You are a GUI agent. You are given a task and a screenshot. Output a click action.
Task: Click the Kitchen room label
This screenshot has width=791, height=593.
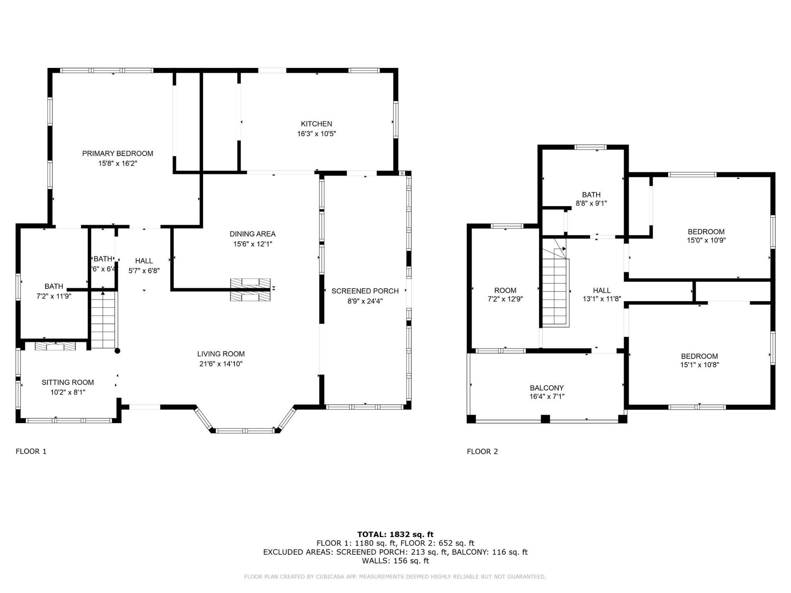316,124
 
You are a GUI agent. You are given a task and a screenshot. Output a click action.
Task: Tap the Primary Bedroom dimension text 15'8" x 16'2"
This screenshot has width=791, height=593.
117,163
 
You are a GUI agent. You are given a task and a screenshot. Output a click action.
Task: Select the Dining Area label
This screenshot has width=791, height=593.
253,234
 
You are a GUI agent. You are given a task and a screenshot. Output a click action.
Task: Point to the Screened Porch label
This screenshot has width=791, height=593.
365,291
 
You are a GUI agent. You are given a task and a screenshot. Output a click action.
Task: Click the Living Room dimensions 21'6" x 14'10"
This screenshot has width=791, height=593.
221,364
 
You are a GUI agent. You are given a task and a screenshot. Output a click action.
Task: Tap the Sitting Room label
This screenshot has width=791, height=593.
68,382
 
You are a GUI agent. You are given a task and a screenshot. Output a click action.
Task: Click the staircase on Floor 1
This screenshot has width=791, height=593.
103,320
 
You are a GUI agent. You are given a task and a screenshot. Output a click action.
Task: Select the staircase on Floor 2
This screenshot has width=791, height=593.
555,288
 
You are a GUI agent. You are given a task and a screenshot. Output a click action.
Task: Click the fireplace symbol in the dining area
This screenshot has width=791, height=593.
250,290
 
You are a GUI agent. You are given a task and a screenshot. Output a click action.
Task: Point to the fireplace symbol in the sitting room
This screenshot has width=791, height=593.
55,346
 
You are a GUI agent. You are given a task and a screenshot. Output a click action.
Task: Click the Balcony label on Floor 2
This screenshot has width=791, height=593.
547,388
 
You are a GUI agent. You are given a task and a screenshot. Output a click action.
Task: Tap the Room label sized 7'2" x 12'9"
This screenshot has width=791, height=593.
505,291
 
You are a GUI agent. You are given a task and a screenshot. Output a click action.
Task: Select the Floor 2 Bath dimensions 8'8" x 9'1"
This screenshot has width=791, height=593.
591,203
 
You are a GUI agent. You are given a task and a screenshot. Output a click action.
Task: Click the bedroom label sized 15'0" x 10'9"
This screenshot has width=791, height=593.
706,232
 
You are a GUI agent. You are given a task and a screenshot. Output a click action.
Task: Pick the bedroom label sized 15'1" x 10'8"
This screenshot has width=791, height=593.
699,356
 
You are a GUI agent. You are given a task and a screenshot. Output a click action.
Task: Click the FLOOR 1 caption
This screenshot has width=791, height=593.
31,451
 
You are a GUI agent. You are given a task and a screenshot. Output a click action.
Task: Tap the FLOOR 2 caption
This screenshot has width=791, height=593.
482,451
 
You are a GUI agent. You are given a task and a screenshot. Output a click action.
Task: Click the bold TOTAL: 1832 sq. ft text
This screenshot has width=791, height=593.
395,534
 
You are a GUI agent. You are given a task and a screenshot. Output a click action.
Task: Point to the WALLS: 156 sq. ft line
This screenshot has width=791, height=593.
395,561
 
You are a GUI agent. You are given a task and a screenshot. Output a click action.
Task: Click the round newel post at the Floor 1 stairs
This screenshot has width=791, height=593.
117,351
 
